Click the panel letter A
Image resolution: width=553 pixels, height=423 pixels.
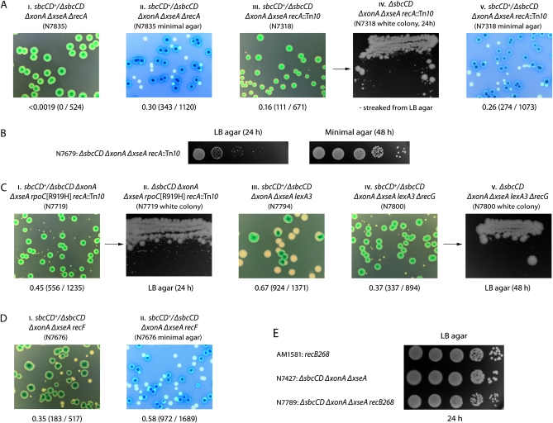6,6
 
